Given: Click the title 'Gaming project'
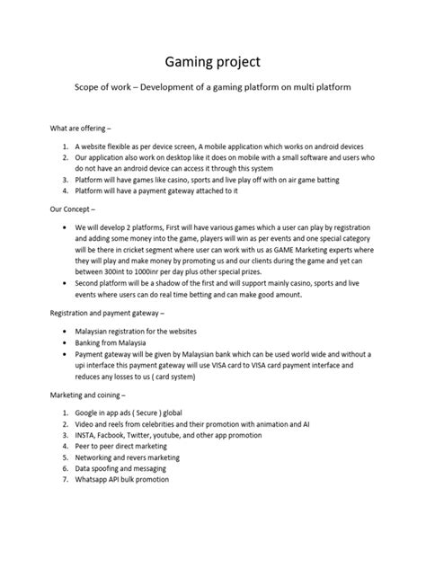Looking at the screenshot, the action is (x=213, y=62).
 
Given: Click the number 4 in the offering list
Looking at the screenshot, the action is (x=66, y=191).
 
